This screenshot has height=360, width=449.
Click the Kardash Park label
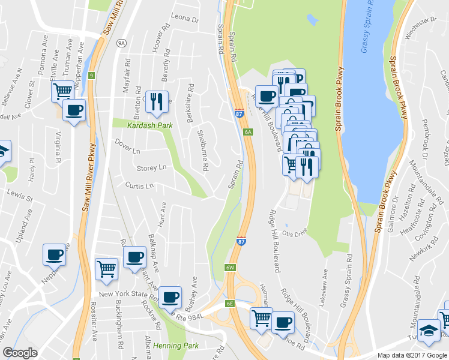point(141,125)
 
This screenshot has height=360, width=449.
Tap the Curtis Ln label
point(139,186)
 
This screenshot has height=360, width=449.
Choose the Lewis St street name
point(19,193)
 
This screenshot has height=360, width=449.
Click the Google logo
point(20,353)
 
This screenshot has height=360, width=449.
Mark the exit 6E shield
point(229,304)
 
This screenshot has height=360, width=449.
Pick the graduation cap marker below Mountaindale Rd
point(429,331)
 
